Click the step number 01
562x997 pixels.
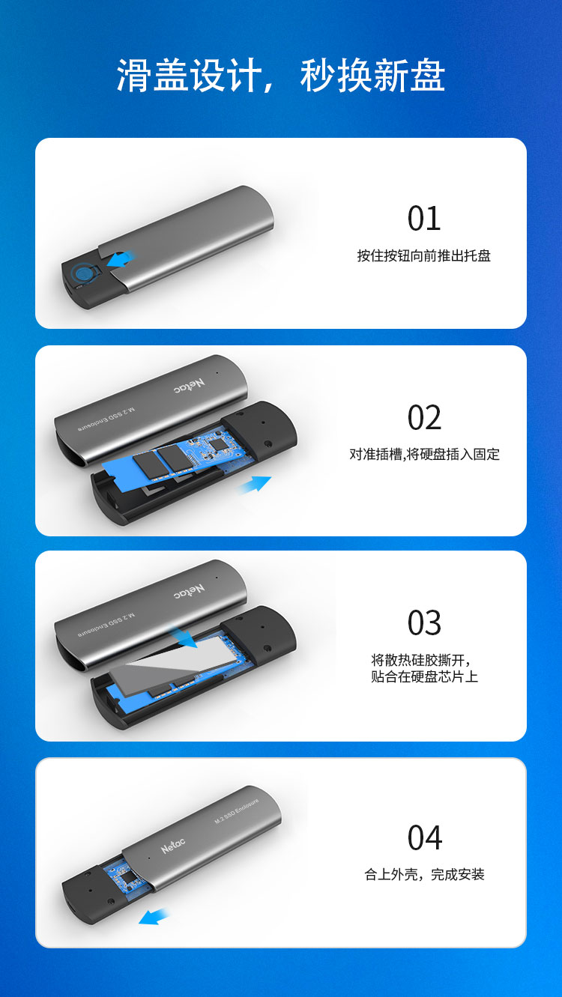tap(424, 219)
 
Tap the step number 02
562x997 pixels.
tap(424, 417)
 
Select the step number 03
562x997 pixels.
tap(424, 622)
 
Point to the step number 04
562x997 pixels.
tap(425, 837)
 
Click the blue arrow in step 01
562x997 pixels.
tap(120, 259)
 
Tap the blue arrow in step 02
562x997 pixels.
tap(255, 484)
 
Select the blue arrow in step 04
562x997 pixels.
tap(153, 916)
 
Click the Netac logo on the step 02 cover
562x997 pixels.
tap(190, 386)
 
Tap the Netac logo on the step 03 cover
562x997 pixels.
tap(190, 590)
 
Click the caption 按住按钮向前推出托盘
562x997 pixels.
tap(424, 256)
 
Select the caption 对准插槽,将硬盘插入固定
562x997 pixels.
tap(424, 455)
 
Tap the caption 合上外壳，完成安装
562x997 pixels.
tap(424, 875)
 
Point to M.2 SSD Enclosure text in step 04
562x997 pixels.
tap(237, 811)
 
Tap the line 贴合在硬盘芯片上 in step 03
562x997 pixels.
tap(424, 677)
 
